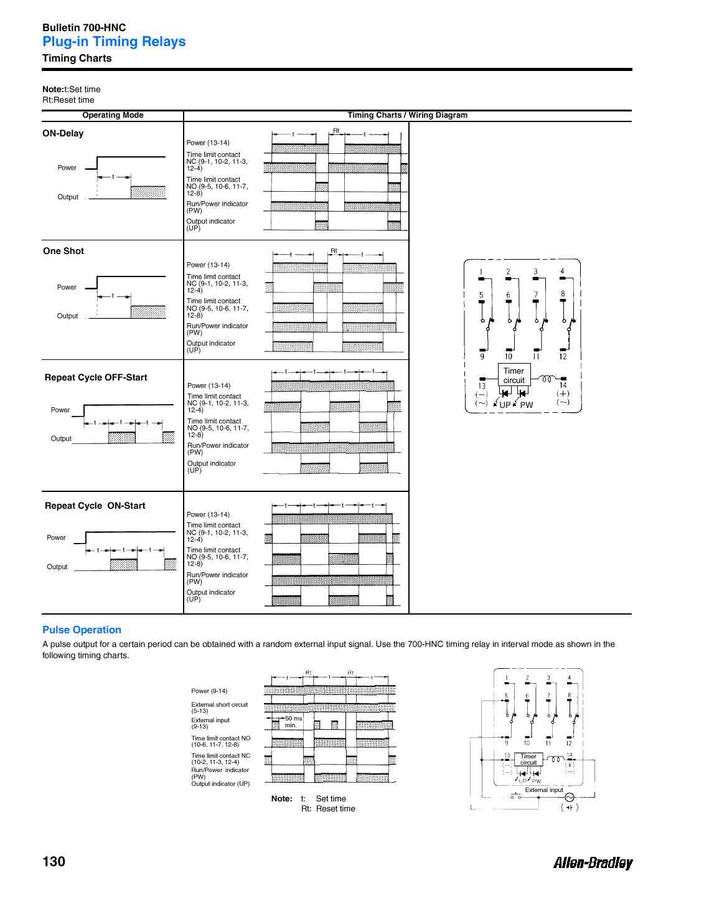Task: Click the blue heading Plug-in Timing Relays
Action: coord(114,42)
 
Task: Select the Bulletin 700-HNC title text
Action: coord(84,27)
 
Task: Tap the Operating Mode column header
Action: coord(113,115)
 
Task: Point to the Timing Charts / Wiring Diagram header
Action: coord(407,115)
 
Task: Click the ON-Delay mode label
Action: coord(63,133)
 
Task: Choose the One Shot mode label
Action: coord(63,251)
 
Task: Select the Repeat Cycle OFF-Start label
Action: coord(96,377)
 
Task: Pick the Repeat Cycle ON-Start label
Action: coord(95,506)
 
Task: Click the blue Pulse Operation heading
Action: coord(82,630)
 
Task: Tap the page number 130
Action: coord(54,861)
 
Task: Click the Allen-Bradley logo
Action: coord(593,862)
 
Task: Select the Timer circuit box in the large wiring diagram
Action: coord(514,375)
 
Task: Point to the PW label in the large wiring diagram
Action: coord(527,405)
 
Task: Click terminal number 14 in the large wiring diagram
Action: coord(563,385)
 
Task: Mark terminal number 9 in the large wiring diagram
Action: coord(482,357)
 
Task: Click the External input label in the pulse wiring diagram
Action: coord(543,790)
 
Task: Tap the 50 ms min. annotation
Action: coord(293,722)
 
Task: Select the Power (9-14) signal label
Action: coord(209,691)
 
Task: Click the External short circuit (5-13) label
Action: coord(219,707)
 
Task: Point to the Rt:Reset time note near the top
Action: coord(68,100)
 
